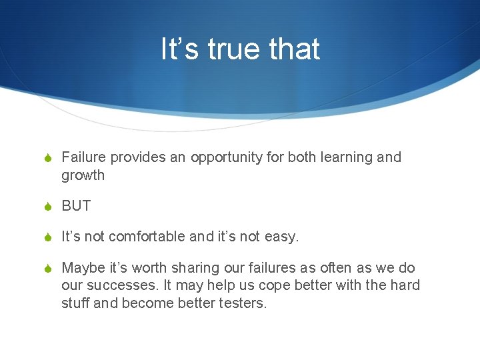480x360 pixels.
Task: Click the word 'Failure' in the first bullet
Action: pyautogui.click(x=84, y=157)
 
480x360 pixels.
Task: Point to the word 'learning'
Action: pyautogui.click(x=346, y=157)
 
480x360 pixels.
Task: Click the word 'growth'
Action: pyautogui.click(x=83, y=175)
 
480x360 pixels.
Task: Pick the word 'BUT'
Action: pyautogui.click(x=76, y=206)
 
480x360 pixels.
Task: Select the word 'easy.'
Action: pyautogui.click(x=282, y=237)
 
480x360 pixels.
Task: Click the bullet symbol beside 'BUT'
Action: pyautogui.click(x=47, y=207)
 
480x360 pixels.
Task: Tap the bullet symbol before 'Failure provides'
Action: pyautogui.click(x=47, y=158)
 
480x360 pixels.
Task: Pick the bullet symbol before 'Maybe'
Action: pyautogui.click(x=47, y=269)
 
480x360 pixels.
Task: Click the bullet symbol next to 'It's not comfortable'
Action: pyautogui.click(x=47, y=237)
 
